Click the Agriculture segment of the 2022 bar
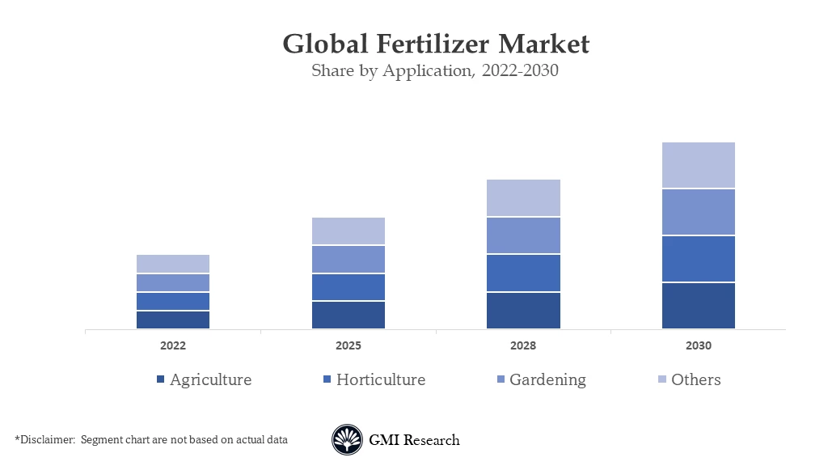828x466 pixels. (173, 320)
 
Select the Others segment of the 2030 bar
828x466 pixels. (699, 165)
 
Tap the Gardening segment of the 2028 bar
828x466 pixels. (523, 235)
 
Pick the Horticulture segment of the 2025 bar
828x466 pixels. (349, 287)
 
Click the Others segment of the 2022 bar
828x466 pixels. (173, 264)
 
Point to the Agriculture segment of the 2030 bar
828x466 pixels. (699, 306)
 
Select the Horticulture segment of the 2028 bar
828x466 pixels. (523, 273)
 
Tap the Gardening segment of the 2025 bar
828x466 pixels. (349, 260)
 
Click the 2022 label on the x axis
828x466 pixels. (173, 345)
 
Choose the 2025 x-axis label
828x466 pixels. (349, 345)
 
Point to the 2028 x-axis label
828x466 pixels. (523, 345)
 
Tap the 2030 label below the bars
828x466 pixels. (699, 345)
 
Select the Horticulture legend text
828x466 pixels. (381, 379)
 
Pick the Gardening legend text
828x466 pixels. (547, 379)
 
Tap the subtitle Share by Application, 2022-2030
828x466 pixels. (436, 70)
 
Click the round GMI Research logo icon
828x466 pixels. (347, 440)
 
